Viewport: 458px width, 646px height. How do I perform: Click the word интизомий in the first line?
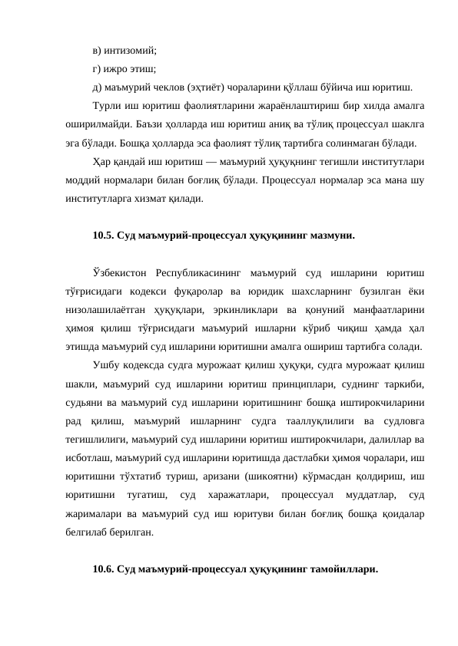coord(128,50)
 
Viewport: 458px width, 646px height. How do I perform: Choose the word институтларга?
coord(99,197)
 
